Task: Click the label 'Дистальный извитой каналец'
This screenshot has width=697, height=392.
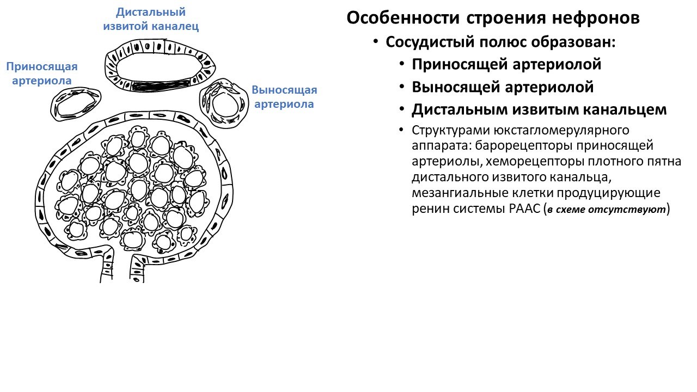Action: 151,19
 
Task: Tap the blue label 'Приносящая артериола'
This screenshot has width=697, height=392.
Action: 42,73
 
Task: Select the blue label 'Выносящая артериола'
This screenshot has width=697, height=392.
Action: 284,97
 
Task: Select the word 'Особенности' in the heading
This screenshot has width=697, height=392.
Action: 403,18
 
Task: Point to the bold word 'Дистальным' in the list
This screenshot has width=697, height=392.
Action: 458,109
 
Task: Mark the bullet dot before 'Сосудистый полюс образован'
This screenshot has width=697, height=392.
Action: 375,42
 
